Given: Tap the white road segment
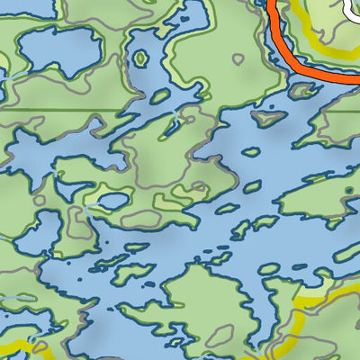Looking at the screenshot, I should tap(351, 9).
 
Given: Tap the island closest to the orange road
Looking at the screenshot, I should tap(303, 89).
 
